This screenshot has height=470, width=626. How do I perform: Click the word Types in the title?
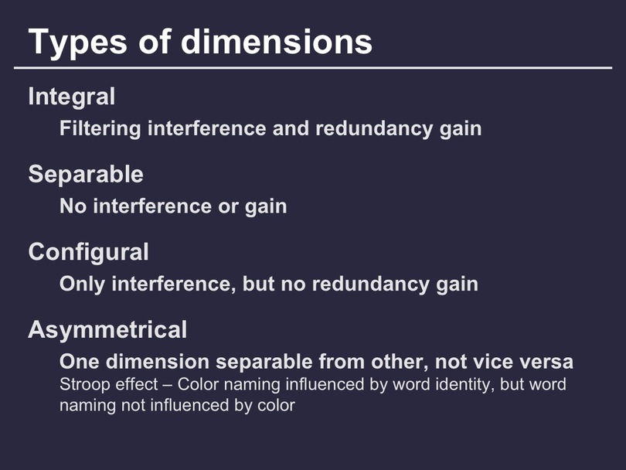(78, 43)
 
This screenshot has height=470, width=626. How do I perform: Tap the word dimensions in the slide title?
(276, 41)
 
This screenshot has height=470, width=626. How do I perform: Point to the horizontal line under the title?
(313, 68)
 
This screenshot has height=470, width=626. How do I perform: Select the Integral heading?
(72, 97)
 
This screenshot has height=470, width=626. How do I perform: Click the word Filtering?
(100, 129)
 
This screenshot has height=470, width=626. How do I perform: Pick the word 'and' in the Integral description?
(291, 128)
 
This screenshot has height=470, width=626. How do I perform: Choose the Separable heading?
(86, 174)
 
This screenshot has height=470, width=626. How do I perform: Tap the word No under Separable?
(73, 206)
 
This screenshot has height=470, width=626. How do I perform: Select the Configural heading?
(89, 252)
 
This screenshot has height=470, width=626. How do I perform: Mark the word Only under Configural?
(82, 284)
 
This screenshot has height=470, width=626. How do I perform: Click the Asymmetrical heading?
(107, 330)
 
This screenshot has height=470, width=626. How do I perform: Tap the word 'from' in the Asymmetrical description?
(342, 362)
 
